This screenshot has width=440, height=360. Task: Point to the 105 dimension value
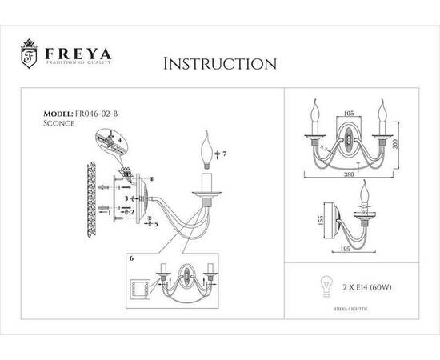tap(347, 113)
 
